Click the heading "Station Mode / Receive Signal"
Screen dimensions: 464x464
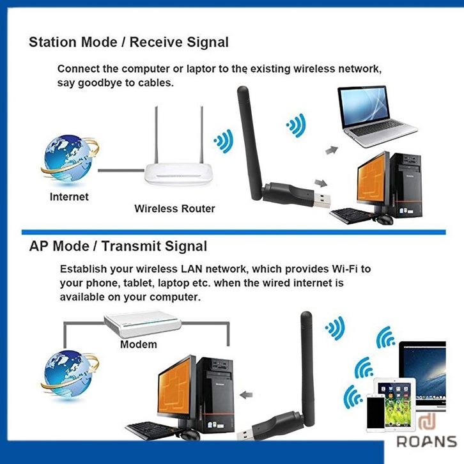[128, 42]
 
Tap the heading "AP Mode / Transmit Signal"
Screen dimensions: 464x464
[118, 247]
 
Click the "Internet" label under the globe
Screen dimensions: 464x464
[69, 197]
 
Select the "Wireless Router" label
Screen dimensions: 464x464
[174, 208]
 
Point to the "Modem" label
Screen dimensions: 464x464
[139, 344]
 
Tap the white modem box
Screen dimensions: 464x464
[143, 323]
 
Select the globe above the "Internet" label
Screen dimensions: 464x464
[70, 159]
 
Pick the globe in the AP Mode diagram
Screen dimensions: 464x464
[70, 374]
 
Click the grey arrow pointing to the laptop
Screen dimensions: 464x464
[332, 150]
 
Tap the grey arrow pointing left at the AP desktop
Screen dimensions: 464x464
[246, 395]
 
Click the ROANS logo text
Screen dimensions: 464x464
[427, 442]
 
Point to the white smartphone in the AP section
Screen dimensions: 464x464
[376, 412]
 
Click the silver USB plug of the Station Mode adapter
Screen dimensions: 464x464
[322, 200]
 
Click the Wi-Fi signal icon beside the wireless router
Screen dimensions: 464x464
[224, 141]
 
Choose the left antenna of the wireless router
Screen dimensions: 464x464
[156, 135]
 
